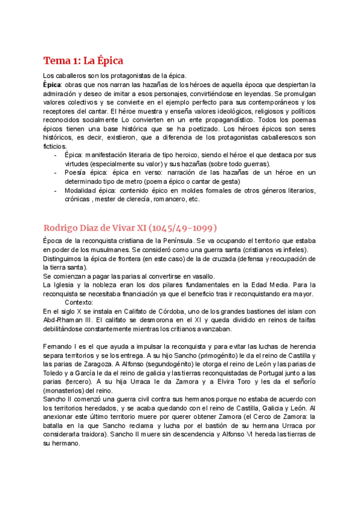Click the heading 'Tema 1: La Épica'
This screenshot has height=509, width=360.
83,60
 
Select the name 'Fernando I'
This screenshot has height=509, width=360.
61,348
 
